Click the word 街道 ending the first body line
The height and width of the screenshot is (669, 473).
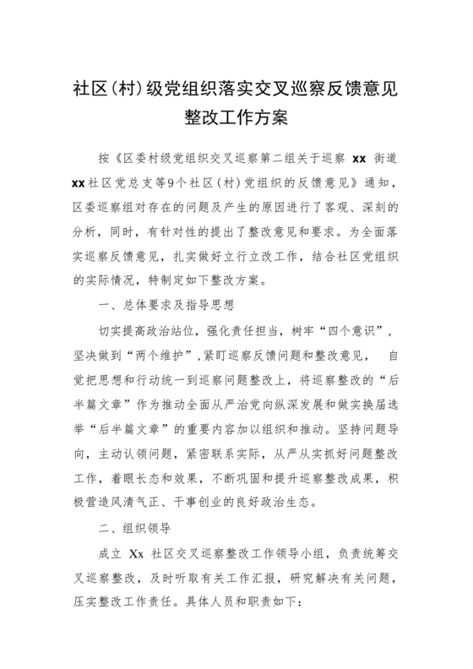tap(387, 159)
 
